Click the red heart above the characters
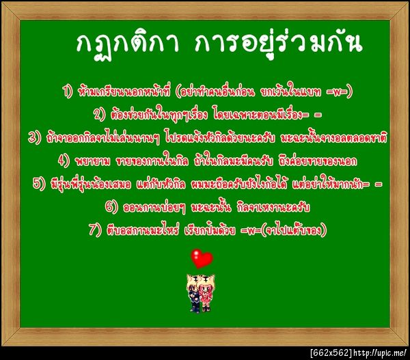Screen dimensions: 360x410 202,259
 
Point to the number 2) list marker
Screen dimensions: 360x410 99,113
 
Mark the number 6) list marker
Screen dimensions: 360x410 111,206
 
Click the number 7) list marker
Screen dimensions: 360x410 95,230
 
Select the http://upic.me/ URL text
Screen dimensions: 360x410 381,352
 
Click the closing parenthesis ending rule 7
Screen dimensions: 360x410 325,230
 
